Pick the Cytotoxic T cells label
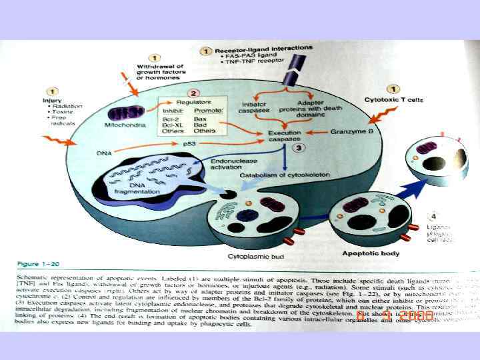tap(393, 100)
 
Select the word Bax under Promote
tap(199, 118)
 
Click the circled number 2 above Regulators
tap(191, 93)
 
